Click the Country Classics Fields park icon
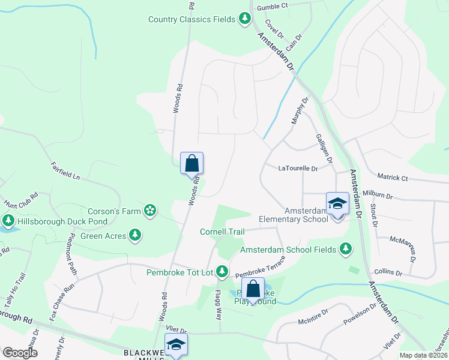point(244,19)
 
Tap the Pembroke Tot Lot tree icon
point(221,272)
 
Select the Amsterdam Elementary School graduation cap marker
point(337,204)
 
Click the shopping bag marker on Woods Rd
point(191,163)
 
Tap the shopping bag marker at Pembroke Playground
point(253,289)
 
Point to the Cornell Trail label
point(222,232)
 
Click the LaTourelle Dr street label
point(298,169)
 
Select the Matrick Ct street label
point(393,178)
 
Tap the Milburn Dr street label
point(378,196)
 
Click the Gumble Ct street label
point(273,6)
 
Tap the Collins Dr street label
point(387,272)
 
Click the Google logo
point(20,352)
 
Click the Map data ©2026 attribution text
point(423,355)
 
